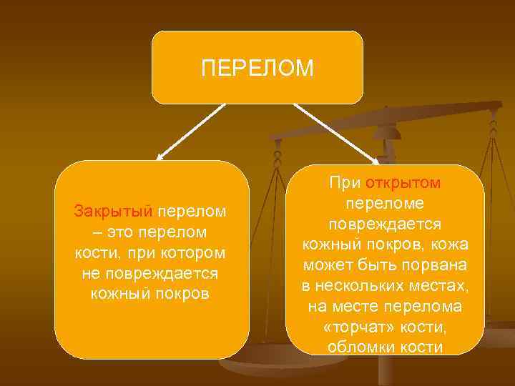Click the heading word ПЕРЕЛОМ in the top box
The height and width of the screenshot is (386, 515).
257,68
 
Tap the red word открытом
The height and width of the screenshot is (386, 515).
403,184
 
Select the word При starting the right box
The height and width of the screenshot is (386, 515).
346,184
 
